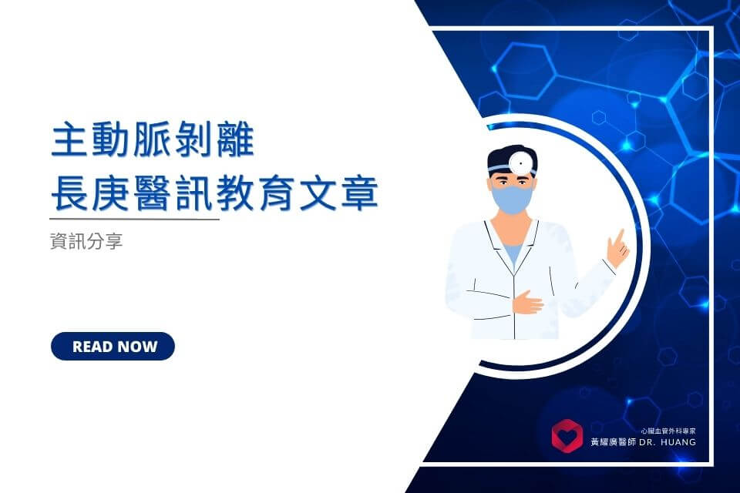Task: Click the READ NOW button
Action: coord(113,347)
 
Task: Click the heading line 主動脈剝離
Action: coord(153,141)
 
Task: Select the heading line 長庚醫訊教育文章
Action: coord(214,193)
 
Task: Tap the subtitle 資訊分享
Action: coord(86,240)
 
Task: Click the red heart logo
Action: coord(567,436)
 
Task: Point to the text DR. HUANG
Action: coord(668,442)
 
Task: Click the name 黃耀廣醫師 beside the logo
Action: coord(613,442)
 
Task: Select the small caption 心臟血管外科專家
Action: coord(668,431)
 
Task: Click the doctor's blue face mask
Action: coord(512,199)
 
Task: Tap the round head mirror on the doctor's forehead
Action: coord(522,163)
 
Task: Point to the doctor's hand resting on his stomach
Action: coord(527,302)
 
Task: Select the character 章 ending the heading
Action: coord(359,193)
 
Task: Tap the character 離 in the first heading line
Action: coord(235,141)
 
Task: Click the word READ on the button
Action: coord(92,347)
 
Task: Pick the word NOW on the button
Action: coord(136,347)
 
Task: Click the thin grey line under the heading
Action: coord(134,219)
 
